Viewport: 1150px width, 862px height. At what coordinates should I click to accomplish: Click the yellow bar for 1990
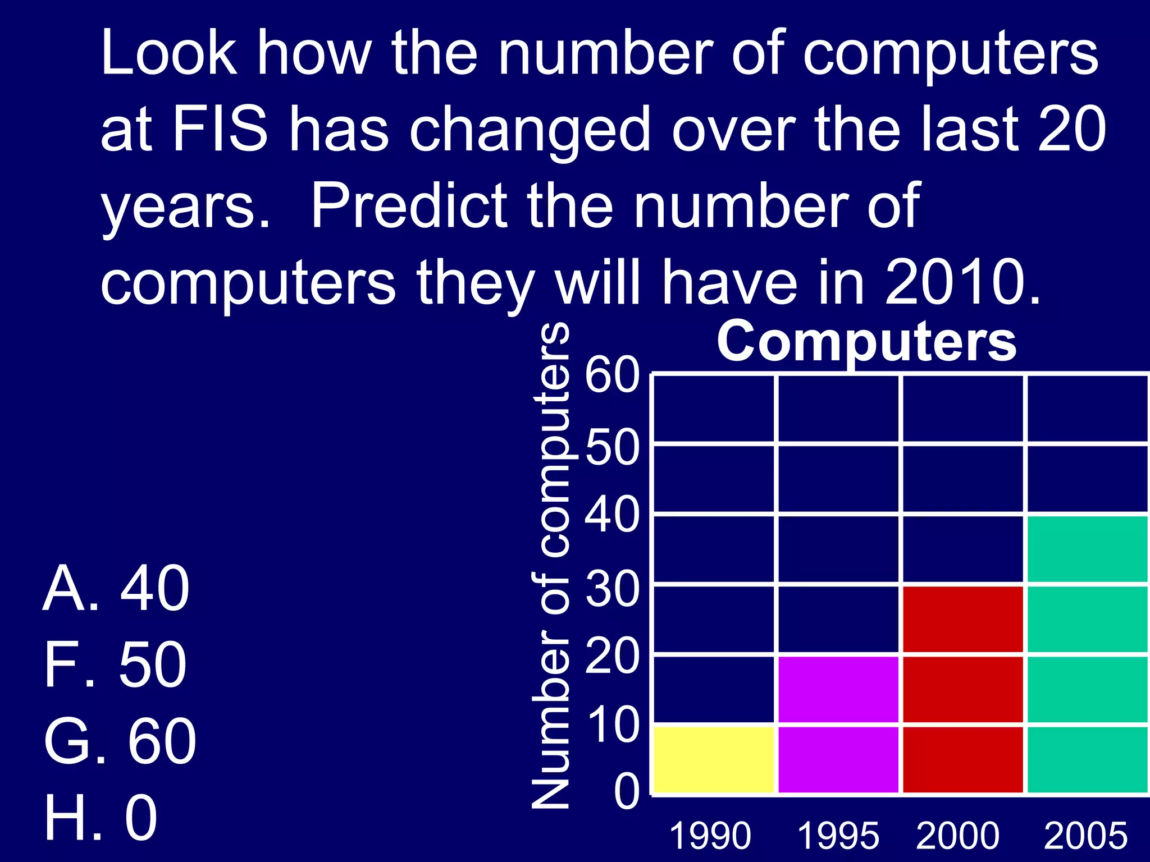[714, 759]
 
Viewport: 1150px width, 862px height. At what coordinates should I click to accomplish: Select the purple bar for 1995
[839, 724]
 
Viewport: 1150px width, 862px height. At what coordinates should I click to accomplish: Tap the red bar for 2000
[963, 689]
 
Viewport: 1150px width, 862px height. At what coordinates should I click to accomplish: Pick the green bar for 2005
[1088, 654]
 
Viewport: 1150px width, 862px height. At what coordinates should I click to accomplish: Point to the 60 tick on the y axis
[612, 375]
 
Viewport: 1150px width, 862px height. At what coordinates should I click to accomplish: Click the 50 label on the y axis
[612, 447]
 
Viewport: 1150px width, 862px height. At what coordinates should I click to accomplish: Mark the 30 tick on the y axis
[612, 589]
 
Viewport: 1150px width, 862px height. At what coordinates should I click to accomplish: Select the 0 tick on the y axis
[626, 792]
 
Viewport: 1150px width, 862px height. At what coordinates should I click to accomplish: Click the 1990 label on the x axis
[710, 836]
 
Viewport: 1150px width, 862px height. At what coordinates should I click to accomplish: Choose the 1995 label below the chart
[838, 836]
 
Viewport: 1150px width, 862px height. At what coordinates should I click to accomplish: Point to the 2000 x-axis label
[958, 836]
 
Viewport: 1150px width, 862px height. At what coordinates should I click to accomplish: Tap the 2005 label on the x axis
[1085, 836]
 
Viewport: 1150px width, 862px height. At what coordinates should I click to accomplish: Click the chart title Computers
[866, 342]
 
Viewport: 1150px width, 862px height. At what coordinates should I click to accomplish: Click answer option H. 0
[101, 818]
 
